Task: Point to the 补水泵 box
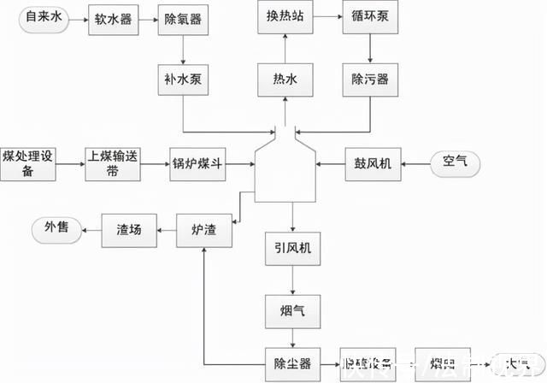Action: pos(183,80)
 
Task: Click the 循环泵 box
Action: pos(370,15)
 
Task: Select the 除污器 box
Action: pos(370,80)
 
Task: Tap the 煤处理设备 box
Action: pos(28,161)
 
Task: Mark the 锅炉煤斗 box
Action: pos(198,161)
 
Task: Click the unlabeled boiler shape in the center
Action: pos(285,171)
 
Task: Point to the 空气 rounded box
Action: pos(456,161)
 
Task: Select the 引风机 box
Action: pos(291,249)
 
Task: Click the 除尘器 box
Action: pos(291,364)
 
